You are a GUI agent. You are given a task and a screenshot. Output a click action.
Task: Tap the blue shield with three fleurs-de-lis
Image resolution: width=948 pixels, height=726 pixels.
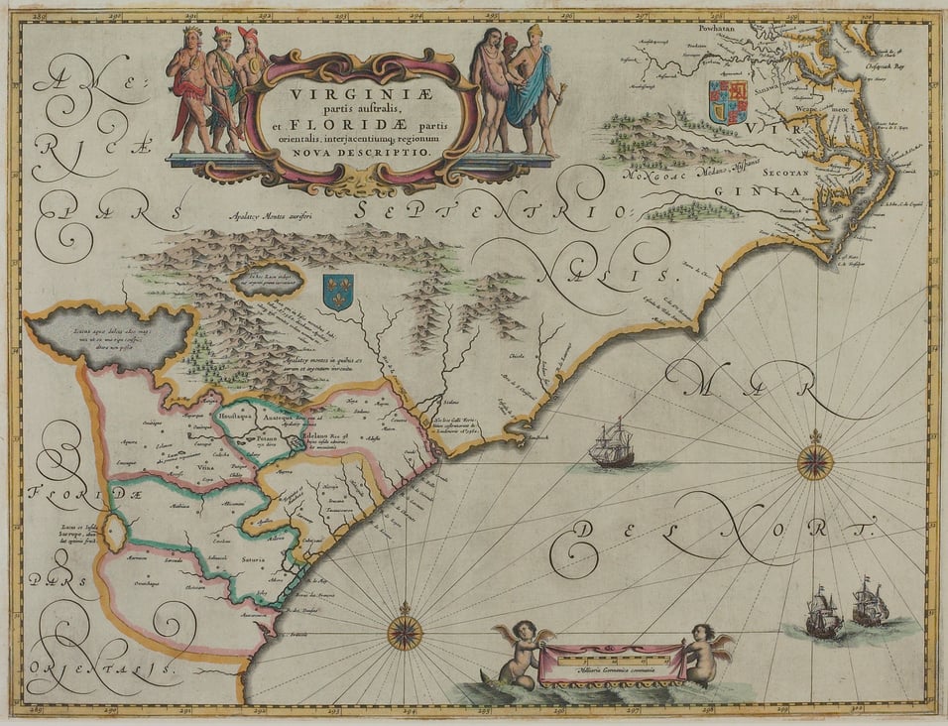tap(338, 293)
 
